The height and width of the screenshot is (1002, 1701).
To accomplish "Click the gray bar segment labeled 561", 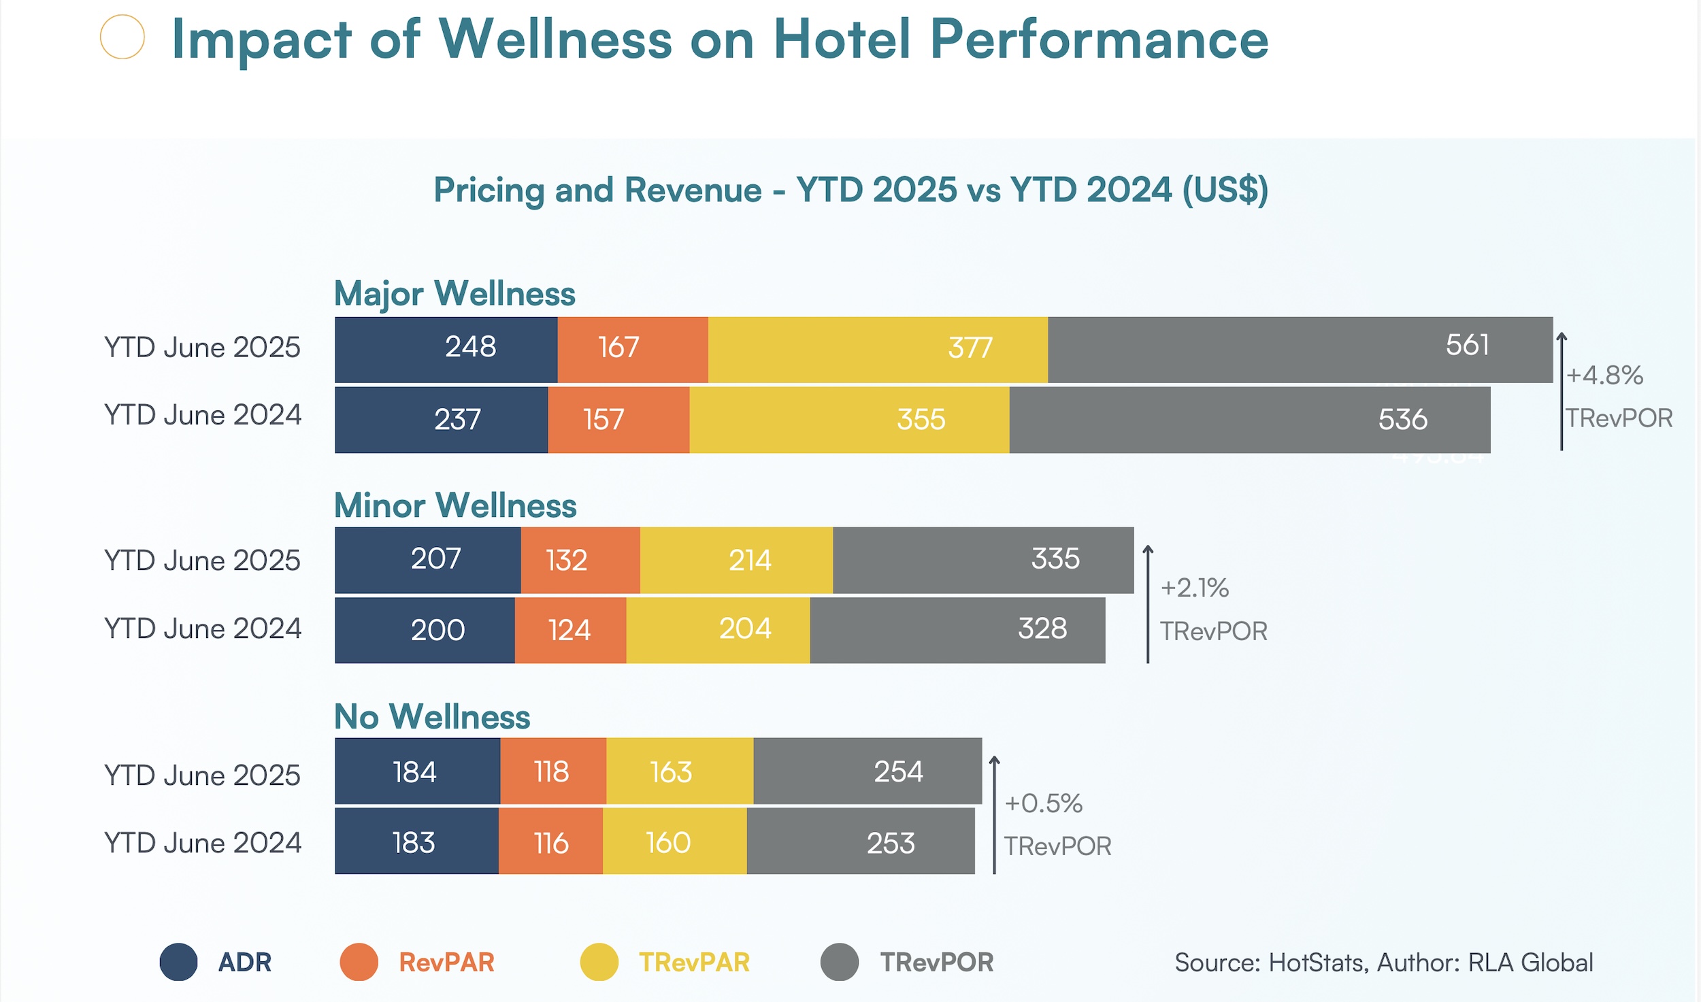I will [1300, 350].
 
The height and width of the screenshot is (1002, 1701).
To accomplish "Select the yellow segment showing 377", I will [878, 350].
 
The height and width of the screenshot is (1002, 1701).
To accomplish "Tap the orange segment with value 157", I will [618, 420].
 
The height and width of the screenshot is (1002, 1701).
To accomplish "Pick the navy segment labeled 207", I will [427, 560].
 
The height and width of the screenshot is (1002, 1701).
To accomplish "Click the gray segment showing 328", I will [957, 630].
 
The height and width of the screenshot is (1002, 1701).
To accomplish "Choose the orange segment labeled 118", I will [552, 771].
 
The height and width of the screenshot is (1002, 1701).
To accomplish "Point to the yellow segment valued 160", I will [674, 841].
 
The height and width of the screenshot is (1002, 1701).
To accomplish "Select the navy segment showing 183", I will [416, 841].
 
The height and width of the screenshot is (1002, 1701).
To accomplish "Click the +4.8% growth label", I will [1604, 375].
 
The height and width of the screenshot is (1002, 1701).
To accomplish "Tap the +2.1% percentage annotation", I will [1194, 588].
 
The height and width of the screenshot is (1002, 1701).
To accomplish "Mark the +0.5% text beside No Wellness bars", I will [1043, 803].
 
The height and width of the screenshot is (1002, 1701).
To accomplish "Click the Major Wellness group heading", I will [455, 294].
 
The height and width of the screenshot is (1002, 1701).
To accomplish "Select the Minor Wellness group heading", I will [455, 506].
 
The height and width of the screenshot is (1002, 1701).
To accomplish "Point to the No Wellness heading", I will [432, 717].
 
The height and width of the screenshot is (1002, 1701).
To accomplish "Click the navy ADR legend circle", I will [178, 962].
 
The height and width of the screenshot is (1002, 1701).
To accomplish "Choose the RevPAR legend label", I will [446, 963].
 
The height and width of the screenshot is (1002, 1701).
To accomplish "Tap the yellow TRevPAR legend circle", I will [599, 962].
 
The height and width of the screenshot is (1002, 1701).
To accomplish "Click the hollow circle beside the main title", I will [122, 37].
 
